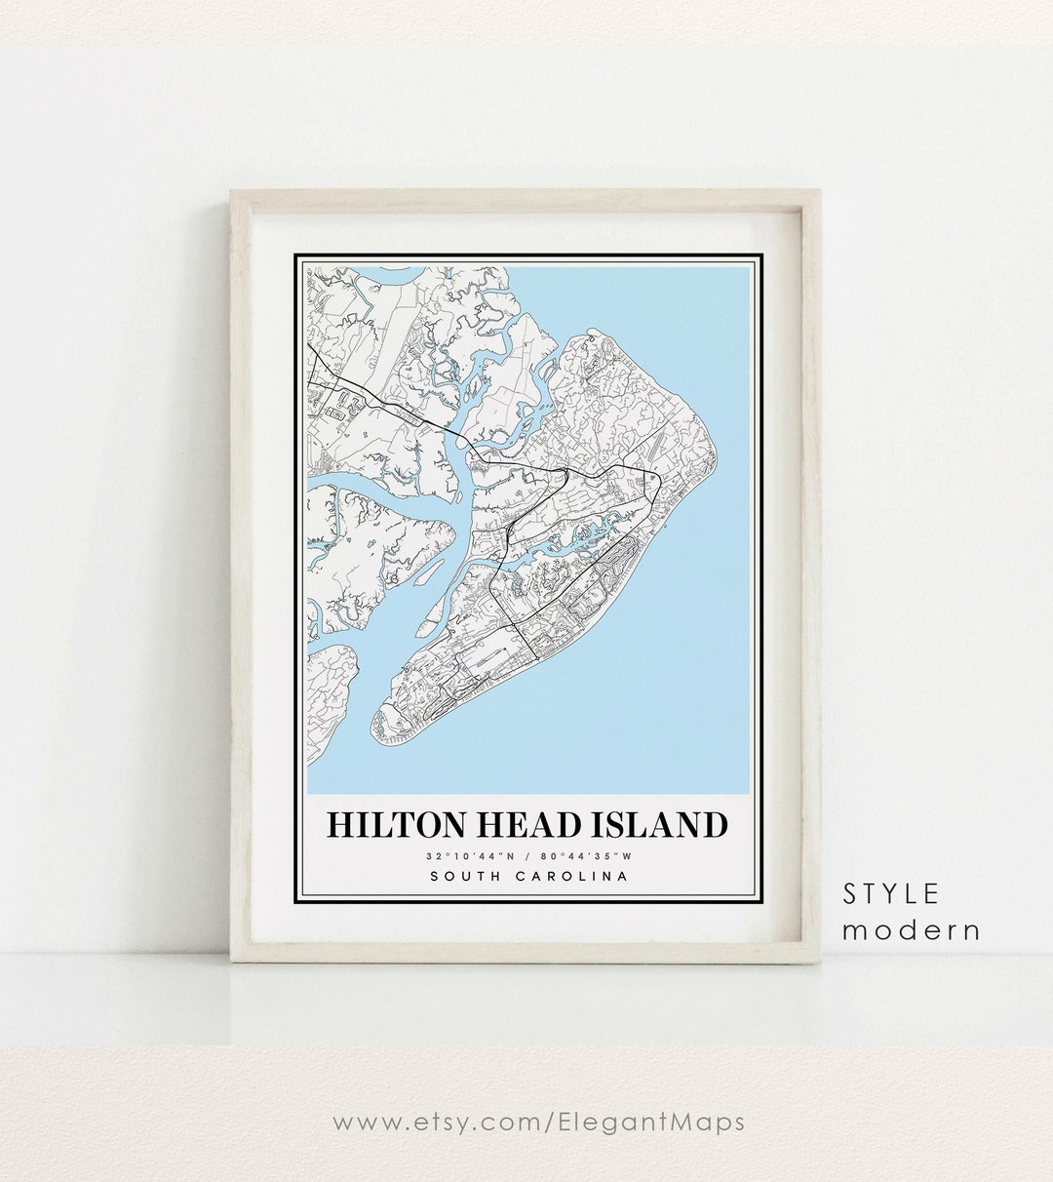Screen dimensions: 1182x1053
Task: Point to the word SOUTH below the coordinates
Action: coord(464,876)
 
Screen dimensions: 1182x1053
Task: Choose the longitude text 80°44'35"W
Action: coord(593,856)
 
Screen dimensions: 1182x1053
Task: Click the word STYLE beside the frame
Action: coord(891,893)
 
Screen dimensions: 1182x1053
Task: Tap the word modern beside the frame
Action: coord(912,930)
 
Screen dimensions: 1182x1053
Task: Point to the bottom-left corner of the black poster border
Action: coord(295,900)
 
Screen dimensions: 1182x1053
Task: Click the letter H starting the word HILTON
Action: coord(338,825)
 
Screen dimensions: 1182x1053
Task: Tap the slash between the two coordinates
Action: coord(527,856)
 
